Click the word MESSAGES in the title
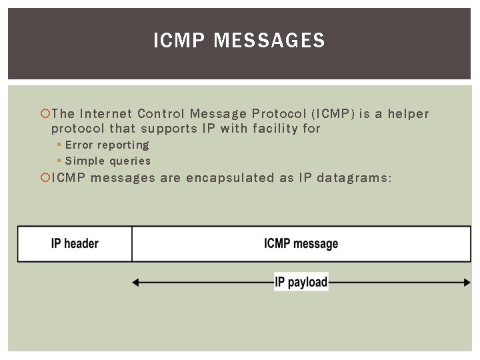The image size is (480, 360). [270, 41]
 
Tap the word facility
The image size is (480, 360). [275, 128]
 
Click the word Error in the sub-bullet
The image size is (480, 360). [79, 145]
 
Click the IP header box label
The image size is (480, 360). [75, 244]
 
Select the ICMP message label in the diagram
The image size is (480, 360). [301, 244]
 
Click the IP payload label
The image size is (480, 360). [301, 282]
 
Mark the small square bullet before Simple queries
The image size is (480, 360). [59, 160]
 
